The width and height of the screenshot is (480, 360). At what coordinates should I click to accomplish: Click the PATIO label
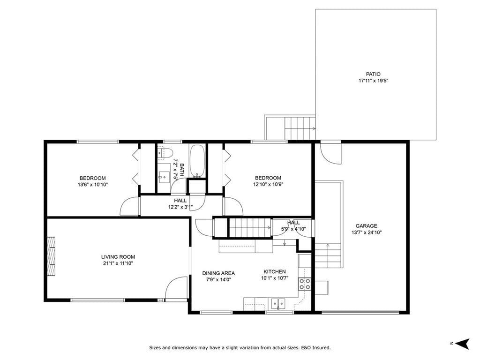pos(373,74)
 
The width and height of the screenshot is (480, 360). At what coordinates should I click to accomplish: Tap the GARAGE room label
pos(367,226)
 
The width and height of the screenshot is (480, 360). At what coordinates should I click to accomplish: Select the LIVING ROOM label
pos(118,257)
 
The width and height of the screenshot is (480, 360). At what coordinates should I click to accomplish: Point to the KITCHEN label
pos(275,271)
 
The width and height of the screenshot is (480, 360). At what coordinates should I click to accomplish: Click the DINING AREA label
pos(218,273)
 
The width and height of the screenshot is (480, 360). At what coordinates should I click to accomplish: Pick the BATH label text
pos(182,170)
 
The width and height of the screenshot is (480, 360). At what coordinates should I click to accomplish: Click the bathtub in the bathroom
pos(197,161)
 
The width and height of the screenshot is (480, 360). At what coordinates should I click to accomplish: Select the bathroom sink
pos(164,177)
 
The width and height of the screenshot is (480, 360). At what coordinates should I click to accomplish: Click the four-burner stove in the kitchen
pos(305,284)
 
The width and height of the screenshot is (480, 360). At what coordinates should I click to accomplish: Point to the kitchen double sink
pos(278,304)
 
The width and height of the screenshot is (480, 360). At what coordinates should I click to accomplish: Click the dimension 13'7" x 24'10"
pos(367,232)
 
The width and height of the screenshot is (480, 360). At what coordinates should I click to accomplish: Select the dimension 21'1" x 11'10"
pos(118,263)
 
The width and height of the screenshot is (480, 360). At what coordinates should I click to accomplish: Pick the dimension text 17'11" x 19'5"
pos(374,81)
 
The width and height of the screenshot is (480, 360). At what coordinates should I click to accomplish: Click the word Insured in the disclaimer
pos(321,347)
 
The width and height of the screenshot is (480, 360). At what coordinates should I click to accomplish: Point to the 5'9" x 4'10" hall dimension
pos(293,229)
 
